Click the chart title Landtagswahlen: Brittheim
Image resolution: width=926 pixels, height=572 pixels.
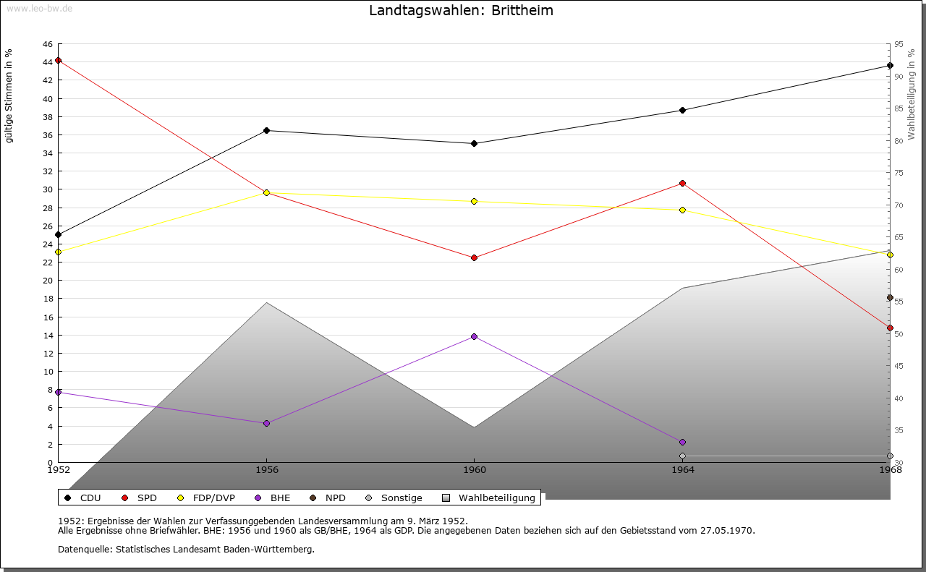point(461,11)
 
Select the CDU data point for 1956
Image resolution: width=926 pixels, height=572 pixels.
point(266,131)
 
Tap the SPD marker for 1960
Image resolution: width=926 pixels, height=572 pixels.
point(474,258)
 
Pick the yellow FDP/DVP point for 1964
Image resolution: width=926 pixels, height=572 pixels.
point(682,210)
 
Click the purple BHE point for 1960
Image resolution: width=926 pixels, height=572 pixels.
point(474,337)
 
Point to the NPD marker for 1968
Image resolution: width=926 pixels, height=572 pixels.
point(890,298)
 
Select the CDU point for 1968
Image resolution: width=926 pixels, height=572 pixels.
point(890,66)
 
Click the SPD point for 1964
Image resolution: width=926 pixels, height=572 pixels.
point(682,184)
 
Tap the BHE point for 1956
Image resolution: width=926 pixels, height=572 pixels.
point(266,424)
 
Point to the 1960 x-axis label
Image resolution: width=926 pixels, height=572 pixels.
point(474,470)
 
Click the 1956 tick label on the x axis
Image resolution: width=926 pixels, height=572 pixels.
point(266,470)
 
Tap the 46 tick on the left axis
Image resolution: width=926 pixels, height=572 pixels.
point(47,44)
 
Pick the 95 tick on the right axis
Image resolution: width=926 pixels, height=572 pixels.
point(899,44)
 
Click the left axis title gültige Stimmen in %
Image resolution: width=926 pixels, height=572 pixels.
point(9,95)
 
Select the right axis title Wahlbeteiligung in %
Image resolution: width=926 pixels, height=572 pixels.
point(912,95)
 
